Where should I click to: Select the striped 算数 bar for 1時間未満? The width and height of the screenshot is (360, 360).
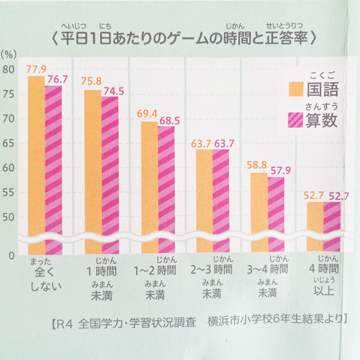110,174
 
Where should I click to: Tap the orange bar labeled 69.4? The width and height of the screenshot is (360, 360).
149,186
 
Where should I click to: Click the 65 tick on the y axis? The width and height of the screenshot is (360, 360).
8,143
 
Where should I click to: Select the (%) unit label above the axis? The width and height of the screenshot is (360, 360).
10,52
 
